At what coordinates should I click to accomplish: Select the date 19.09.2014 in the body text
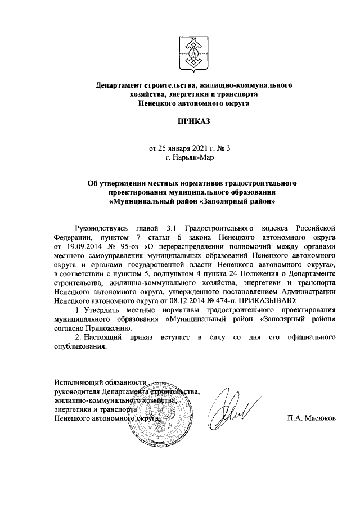click(x=76, y=246)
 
